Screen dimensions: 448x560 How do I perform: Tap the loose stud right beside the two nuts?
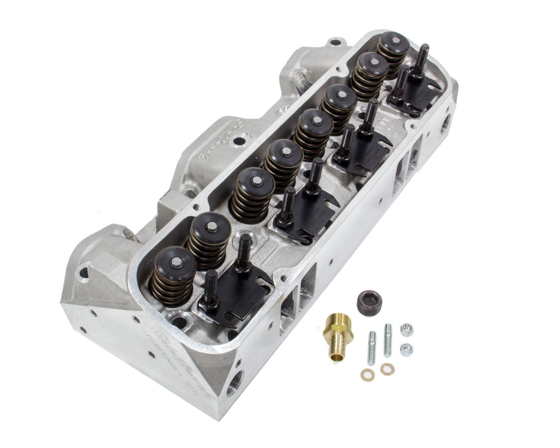click(x=387, y=340)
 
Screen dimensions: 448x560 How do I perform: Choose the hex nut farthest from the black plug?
click(x=406, y=349)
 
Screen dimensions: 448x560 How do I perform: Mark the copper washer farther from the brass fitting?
click(x=386, y=369)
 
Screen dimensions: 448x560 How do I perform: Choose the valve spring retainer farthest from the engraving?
click(x=393, y=41)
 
